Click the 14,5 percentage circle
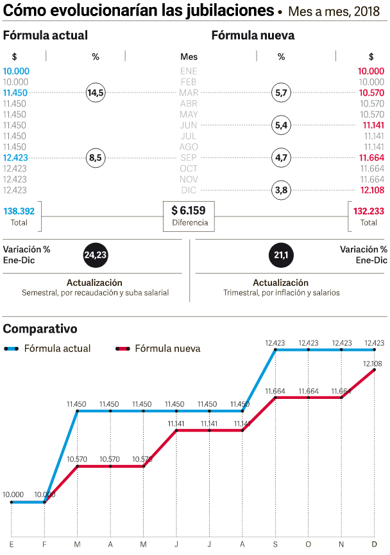coord(96,93)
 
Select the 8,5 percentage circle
coord(96,157)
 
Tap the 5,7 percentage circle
coord(281,93)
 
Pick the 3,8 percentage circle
coord(281,190)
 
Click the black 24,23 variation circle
coord(95,255)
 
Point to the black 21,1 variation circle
coord(281,255)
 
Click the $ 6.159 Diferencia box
coord(189,216)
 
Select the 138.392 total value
coord(19,211)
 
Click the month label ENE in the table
coord(189,71)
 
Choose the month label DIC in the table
coord(189,190)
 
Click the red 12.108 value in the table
coord(371,190)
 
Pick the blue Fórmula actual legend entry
coord(47,349)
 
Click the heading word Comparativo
coord(40,329)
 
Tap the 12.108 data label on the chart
coord(373,364)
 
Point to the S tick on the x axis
coord(275,544)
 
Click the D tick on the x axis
coord(374,544)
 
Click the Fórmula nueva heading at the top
coord(253,36)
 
